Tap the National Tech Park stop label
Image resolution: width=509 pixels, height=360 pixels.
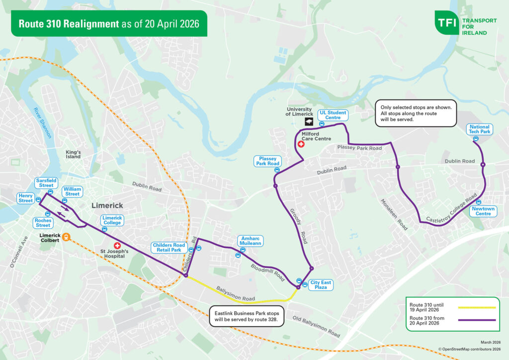point(480,129)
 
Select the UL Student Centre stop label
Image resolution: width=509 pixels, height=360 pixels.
point(333,115)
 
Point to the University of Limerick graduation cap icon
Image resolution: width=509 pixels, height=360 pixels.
point(309,122)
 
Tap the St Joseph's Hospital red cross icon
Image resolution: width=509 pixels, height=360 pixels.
point(118,245)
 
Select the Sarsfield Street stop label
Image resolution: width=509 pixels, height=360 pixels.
point(47,182)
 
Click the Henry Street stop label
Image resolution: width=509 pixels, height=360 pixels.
point(25,197)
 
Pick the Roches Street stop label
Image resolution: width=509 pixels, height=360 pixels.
point(43,222)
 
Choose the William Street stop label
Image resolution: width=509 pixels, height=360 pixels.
point(72,191)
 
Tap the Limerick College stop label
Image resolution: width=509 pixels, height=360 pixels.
point(112,220)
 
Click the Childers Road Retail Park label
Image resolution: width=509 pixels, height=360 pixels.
point(169,248)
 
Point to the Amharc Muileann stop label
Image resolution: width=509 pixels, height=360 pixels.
point(250,241)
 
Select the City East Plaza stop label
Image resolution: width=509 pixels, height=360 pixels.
point(321,284)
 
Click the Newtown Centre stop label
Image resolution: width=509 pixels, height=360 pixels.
point(482,211)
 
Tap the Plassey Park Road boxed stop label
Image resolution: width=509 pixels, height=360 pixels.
point(268,161)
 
